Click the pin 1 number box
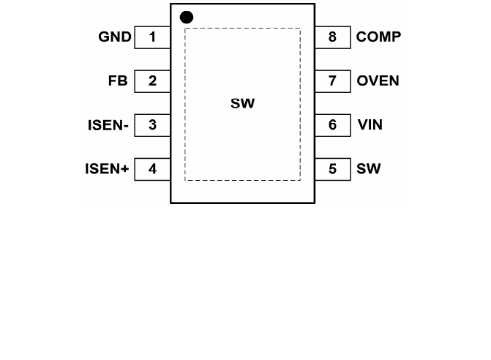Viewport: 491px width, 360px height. [152, 37]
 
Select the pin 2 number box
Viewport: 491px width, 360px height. [152, 81]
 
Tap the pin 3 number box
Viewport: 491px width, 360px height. [152, 125]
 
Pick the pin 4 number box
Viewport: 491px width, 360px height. [152, 169]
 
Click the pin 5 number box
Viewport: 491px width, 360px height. [333, 169]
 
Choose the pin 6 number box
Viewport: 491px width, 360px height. [333, 125]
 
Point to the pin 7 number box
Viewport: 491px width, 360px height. [333, 81]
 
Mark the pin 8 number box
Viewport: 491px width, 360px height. [333, 37]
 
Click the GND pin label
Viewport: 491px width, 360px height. [115, 37]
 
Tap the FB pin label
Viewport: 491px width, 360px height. [118, 81]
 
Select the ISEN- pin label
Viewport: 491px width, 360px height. [108, 125]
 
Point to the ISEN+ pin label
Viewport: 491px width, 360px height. [107, 169]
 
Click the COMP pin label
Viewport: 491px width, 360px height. [378, 37]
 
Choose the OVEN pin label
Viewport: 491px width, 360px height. [378, 81]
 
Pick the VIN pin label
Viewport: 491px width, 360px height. [370, 125]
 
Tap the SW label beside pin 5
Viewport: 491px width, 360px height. [369, 169]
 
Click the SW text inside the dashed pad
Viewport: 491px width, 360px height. [242, 104]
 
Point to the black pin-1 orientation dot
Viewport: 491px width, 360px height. [187, 16]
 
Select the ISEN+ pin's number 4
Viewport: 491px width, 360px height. [152, 169]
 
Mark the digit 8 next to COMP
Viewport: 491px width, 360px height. [333, 37]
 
